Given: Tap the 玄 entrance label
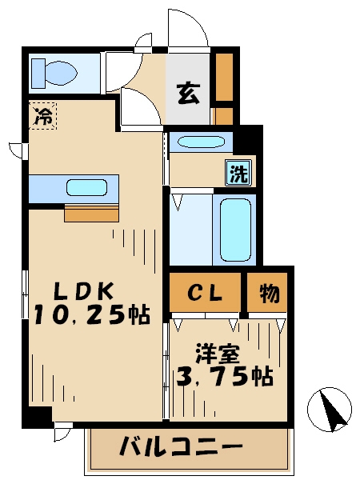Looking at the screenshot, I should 189,94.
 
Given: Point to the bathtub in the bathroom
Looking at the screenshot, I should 235,229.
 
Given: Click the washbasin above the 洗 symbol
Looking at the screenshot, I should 202,143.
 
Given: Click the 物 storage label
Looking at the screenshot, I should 269,294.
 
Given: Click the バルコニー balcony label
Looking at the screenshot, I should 182,446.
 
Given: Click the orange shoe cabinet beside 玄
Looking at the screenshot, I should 224,88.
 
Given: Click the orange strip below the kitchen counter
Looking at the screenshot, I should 91,214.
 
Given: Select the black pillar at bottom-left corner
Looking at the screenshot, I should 35,418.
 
